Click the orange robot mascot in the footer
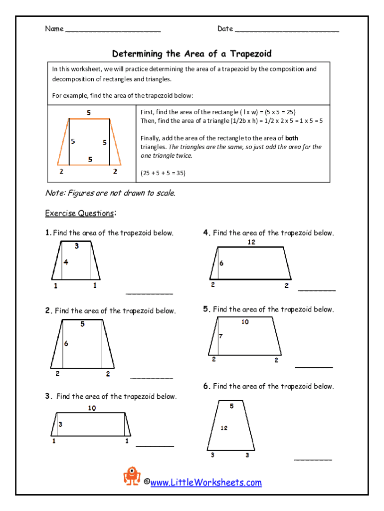132,476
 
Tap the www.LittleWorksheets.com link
205,483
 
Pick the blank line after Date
287,30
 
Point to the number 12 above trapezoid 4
251,242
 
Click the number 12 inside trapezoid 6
224,428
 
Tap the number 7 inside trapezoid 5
220,336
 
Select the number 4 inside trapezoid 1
66,262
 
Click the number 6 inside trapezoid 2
66,343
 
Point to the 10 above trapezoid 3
92,408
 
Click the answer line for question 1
149,294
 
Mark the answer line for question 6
313,459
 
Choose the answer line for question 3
155,446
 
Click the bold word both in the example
292,138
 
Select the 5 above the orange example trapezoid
89,113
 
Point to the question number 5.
206,309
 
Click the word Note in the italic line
54,193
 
